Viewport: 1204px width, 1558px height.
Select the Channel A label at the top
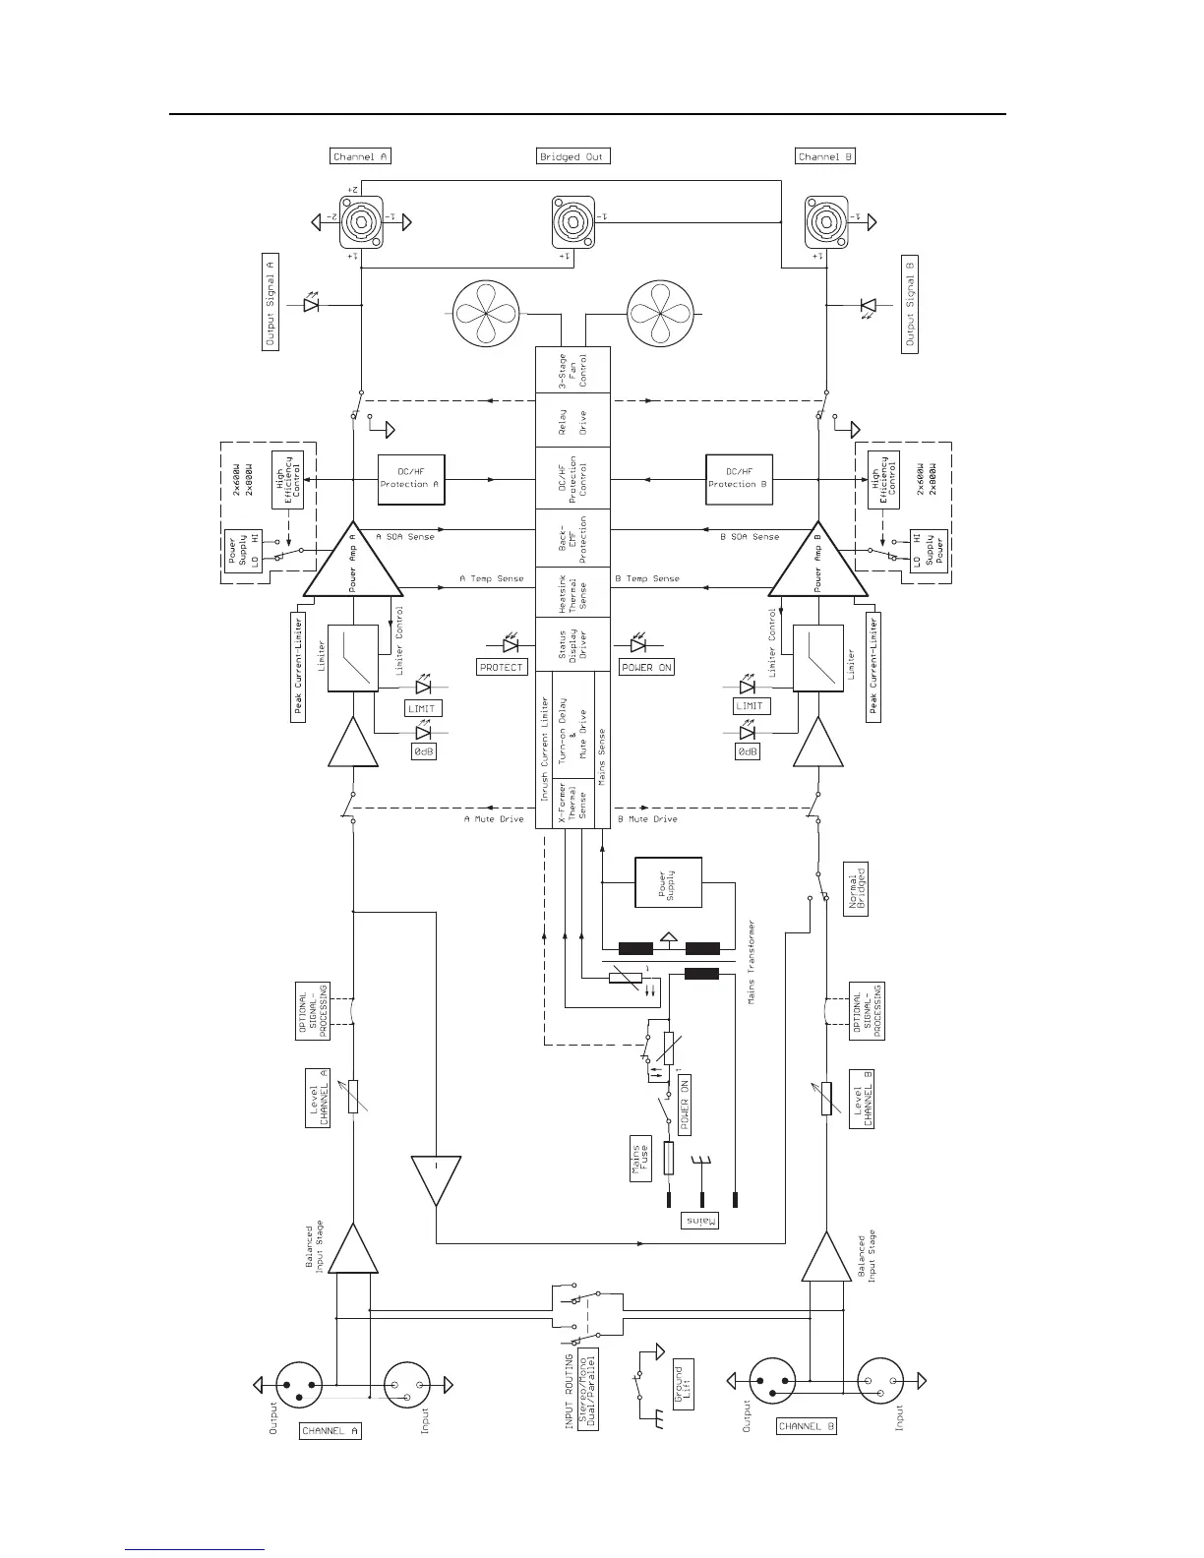coord(361,156)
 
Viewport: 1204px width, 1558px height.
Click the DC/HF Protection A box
coord(411,478)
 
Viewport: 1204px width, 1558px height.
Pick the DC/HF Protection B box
coord(739,478)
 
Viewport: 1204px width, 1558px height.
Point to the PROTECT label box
coord(502,667)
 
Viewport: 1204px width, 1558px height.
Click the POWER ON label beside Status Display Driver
coord(646,667)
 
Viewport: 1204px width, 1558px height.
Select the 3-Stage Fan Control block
coord(572,370)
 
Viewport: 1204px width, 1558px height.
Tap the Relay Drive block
coord(572,422)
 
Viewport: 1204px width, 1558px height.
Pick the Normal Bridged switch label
coord(856,891)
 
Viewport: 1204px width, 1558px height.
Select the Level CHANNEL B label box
coord(863,1099)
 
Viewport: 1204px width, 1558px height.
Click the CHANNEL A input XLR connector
coord(407,1385)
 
